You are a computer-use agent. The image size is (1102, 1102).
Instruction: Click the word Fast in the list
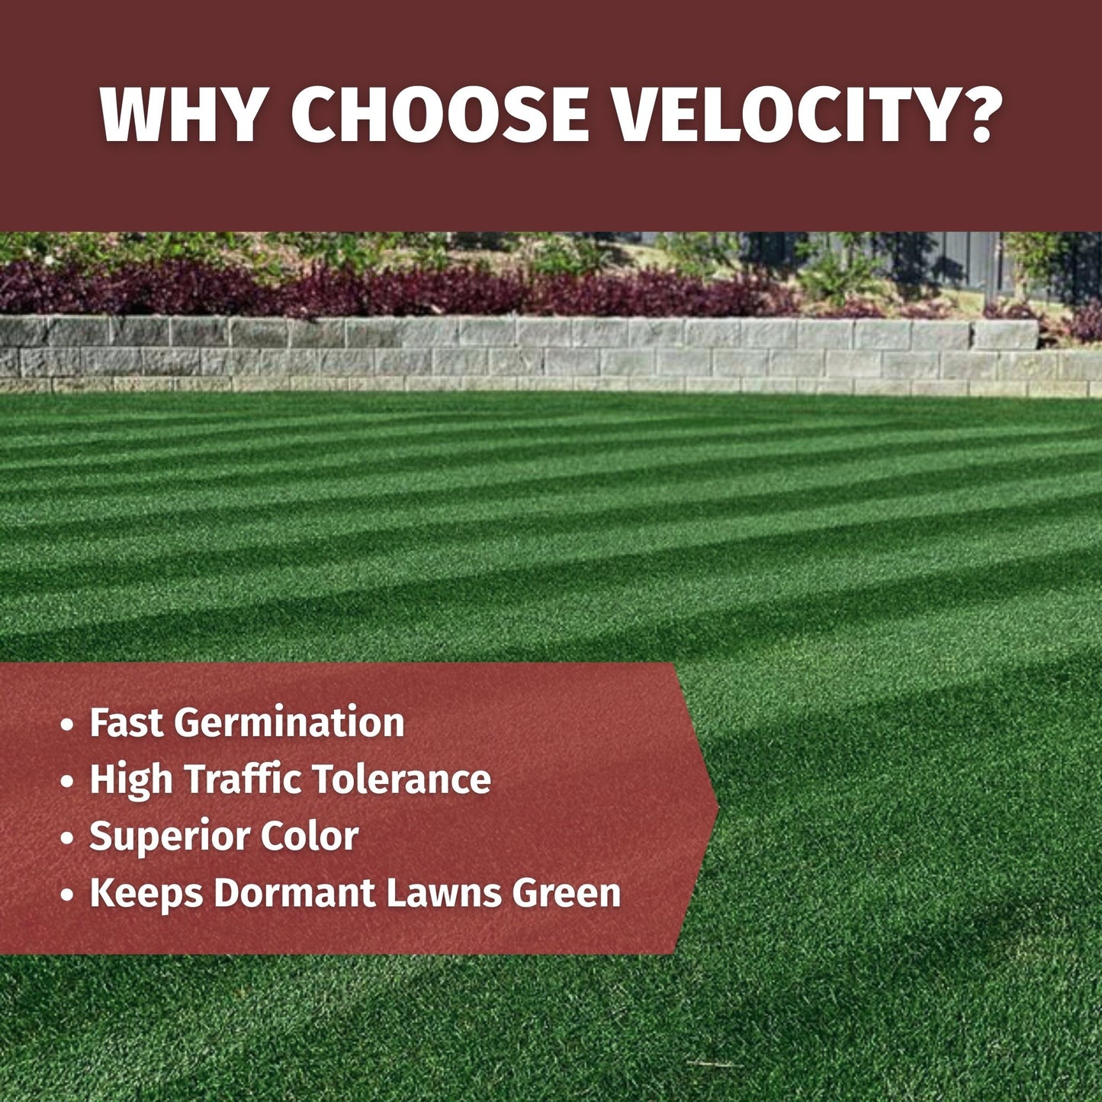(127, 722)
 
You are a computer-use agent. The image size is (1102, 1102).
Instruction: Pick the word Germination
(289, 724)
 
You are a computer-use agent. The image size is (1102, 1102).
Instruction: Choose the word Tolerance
(401, 779)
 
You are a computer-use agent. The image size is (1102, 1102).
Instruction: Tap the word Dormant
(294, 892)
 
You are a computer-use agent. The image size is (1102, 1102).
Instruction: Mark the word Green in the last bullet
(567, 892)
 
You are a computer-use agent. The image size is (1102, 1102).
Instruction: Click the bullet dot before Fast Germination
(67, 724)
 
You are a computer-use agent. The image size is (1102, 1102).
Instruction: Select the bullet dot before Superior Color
(67, 837)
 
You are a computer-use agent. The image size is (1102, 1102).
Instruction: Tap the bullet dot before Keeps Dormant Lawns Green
(67, 895)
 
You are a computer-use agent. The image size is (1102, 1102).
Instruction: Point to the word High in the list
(130, 780)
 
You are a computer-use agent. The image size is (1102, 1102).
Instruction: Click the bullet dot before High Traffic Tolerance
(67, 781)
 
